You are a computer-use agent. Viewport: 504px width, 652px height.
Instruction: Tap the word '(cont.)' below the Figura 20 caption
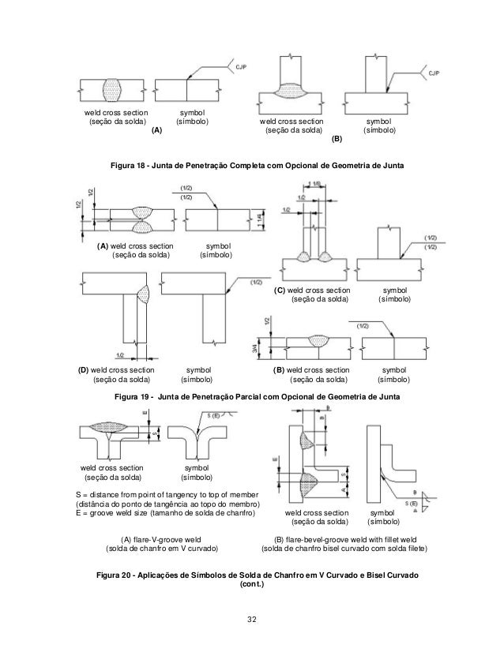[251, 585]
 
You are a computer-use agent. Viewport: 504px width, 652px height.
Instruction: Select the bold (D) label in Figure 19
[82, 369]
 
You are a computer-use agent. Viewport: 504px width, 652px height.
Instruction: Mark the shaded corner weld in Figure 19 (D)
[142, 293]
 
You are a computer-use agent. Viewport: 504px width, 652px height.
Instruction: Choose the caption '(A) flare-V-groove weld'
[156, 539]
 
